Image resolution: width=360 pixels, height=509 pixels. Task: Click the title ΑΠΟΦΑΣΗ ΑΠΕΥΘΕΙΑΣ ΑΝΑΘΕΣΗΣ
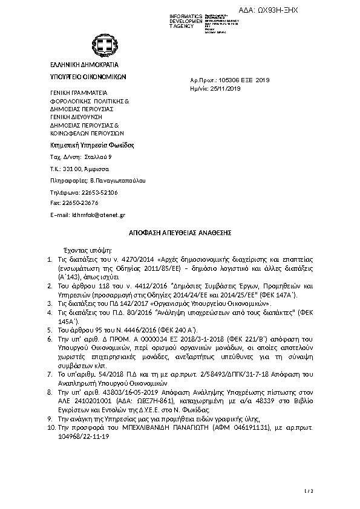[x=181, y=232]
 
